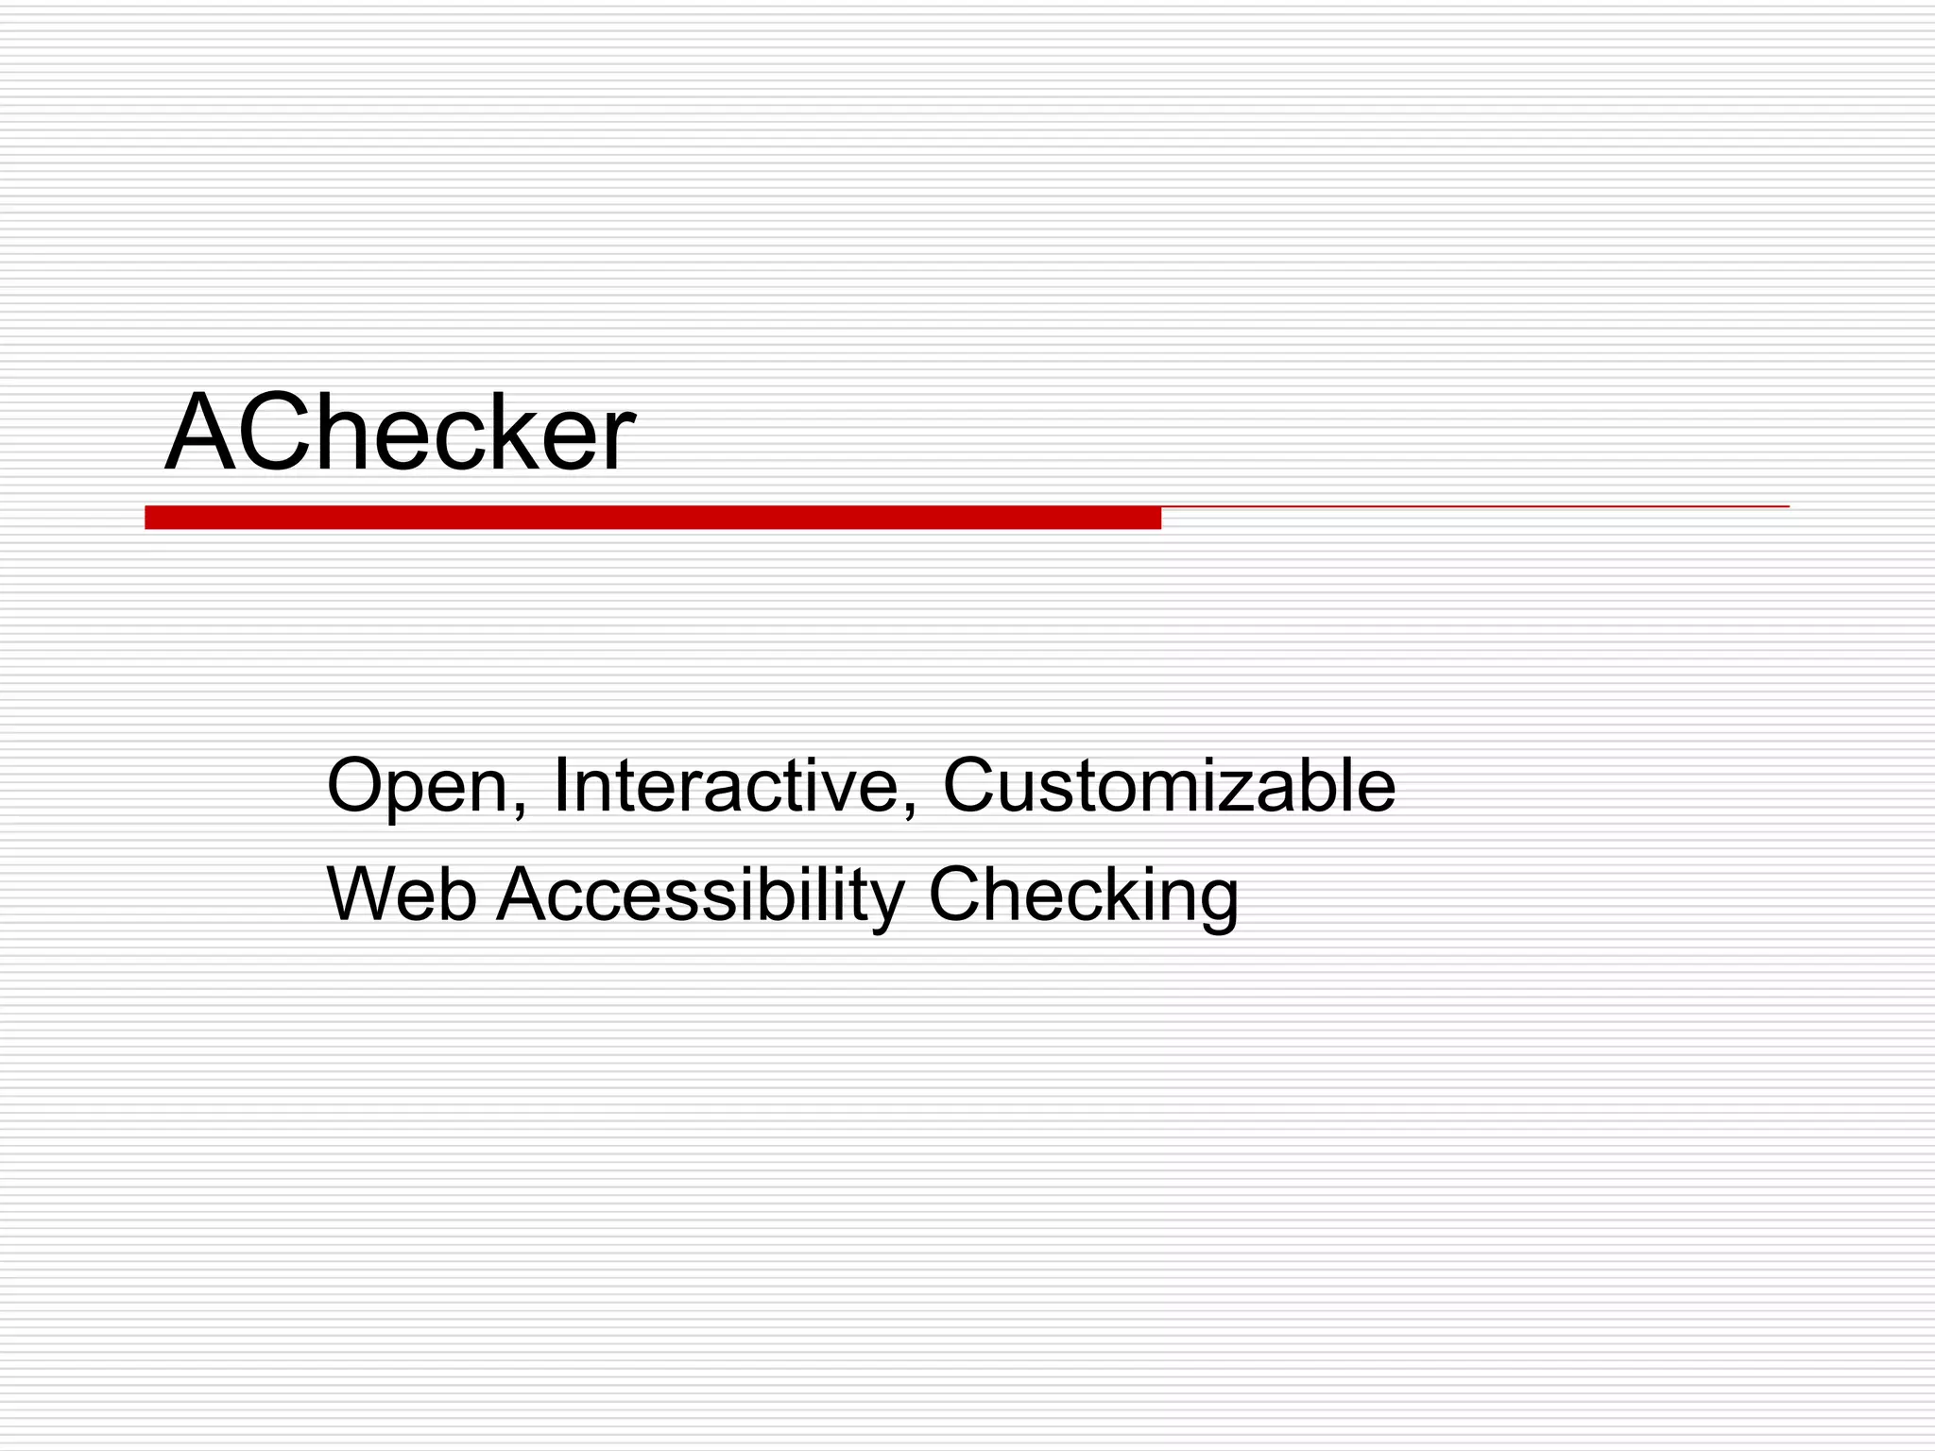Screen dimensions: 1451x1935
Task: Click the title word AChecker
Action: pos(400,433)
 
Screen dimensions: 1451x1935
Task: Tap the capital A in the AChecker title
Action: pos(199,433)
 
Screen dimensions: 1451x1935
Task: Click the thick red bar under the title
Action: pos(652,518)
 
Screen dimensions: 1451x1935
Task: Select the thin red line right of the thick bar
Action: pos(1474,507)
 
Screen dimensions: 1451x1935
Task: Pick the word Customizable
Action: pos(1169,786)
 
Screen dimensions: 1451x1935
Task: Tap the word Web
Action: pos(402,894)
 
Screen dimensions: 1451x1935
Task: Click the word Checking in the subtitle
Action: pos(1083,894)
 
